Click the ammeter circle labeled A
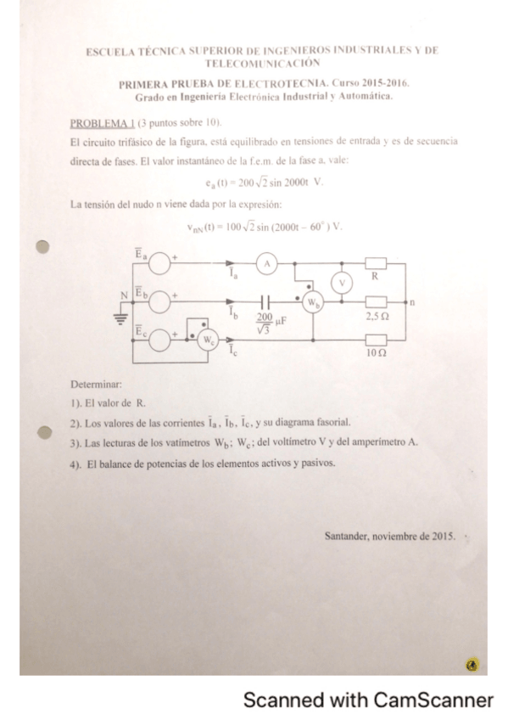(x=267, y=264)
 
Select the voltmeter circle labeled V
(x=343, y=284)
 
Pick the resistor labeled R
(x=375, y=264)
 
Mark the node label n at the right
(x=412, y=301)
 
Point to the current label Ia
(x=232, y=275)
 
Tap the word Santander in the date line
(x=349, y=537)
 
